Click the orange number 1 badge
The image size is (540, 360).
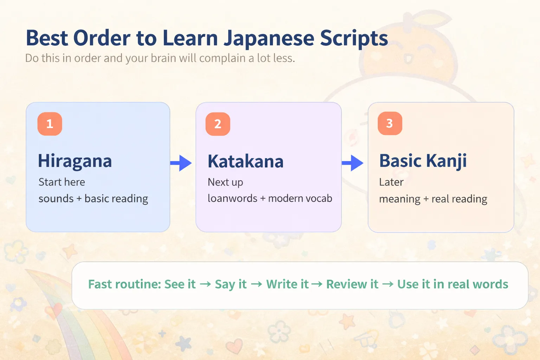click(x=50, y=124)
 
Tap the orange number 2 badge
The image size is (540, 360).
click(x=218, y=124)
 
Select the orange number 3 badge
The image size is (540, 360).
click(x=390, y=123)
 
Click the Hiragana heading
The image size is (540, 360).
click(x=75, y=161)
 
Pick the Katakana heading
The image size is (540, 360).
click(x=245, y=162)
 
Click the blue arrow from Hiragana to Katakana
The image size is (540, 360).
click(x=181, y=163)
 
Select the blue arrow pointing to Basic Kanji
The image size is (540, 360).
click(x=353, y=163)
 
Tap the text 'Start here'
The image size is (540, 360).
click(x=62, y=182)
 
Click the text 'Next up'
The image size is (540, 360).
click(x=225, y=182)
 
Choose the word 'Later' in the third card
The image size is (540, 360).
click(x=391, y=182)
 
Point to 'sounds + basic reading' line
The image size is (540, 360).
click(x=93, y=199)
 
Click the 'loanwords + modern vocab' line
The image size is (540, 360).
click(x=270, y=199)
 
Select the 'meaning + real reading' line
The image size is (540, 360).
click(x=433, y=199)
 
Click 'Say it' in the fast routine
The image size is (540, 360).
click(x=231, y=284)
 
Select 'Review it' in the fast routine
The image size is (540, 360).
click(x=352, y=284)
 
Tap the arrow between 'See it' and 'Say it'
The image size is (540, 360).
click(x=205, y=284)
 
